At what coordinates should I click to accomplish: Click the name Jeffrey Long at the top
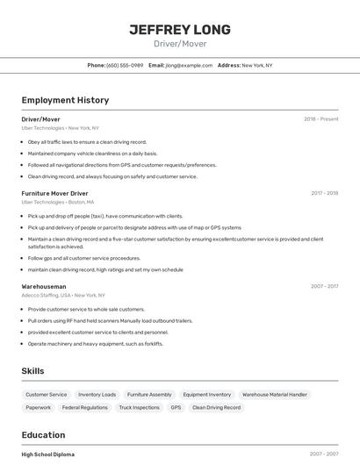(x=180, y=30)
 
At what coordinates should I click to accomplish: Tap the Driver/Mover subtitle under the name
(x=180, y=43)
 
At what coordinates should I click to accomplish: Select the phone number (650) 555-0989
(x=125, y=65)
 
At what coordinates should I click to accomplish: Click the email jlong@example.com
(x=190, y=65)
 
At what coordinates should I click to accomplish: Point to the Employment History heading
(x=65, y=100)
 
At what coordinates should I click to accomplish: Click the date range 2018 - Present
(x=321, y=118)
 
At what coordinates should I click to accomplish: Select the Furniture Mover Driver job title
(x=54, y=193)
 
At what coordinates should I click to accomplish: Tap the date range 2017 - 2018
(x=324, y=193)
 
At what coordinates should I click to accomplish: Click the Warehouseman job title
(x=44, y=286)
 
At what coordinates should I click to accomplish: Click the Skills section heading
(x=33, y=371)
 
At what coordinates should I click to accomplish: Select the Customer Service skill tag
(x=47, y=395)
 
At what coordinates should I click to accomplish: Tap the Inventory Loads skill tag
(x=97, y=395)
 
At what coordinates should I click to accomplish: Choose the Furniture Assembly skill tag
(x=149, y=395)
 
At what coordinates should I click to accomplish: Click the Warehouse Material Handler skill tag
(x=274, y=395)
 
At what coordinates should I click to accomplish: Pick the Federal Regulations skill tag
(x=85, y=408)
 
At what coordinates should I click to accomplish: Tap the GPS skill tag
(x=176, y=408)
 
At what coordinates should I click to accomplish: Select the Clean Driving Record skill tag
(x=216, y=408)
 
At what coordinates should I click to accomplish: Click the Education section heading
(x=43, y=435)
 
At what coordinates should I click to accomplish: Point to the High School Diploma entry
(x=48, y=454)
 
